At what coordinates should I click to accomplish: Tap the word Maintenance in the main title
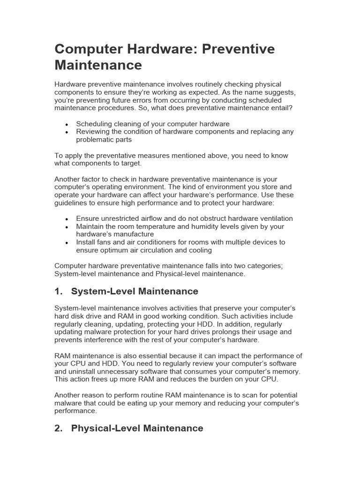point(98,65)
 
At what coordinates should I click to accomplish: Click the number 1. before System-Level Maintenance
point(59,292)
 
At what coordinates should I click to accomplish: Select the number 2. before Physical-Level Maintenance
point(59,428)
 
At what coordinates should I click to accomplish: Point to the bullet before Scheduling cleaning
point(67,125)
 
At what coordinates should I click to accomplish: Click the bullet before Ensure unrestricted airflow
point(67,219)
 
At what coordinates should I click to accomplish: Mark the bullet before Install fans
point(67,243)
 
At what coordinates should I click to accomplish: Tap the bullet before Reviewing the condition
point(67,133)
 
